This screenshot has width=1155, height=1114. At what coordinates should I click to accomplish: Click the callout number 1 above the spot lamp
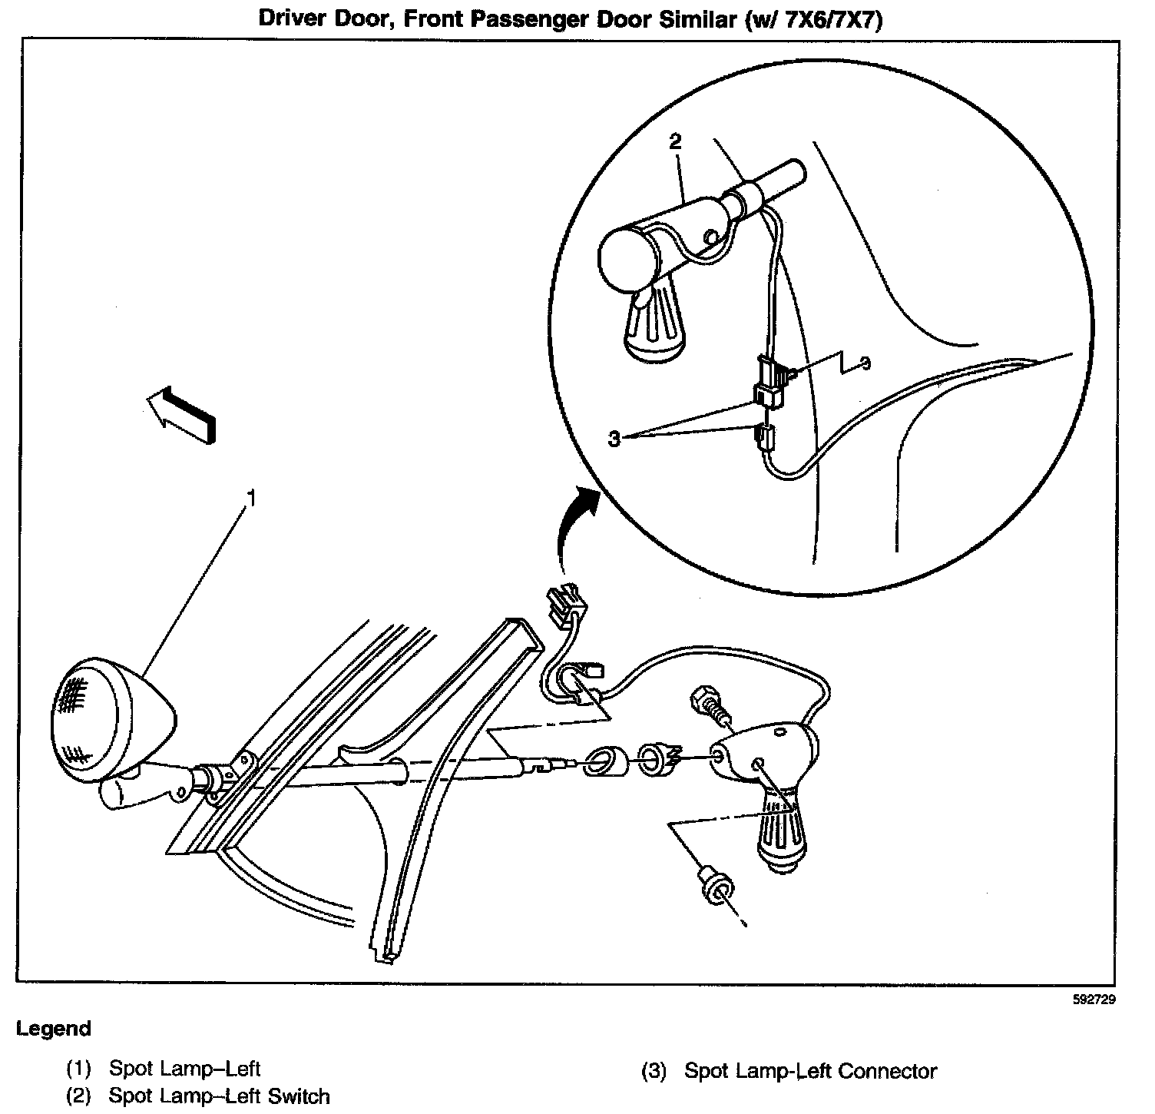point(250,498)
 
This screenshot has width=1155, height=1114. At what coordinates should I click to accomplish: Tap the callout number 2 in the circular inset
point(675,141)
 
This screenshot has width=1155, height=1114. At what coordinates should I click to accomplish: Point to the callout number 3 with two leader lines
point(614,439)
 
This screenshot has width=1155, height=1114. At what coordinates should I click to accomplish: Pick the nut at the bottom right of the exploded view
point(715,886)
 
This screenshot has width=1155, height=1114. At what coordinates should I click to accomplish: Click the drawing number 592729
point(1094,1000)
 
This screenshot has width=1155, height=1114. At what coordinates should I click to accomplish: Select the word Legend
point(54,1029)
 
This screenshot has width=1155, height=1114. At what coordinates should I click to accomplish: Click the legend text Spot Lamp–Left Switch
point(219,1096)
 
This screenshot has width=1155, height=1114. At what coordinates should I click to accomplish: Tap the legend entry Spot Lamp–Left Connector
point(810,1070)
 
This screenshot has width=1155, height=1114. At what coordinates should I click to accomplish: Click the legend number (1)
point(78,1068)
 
